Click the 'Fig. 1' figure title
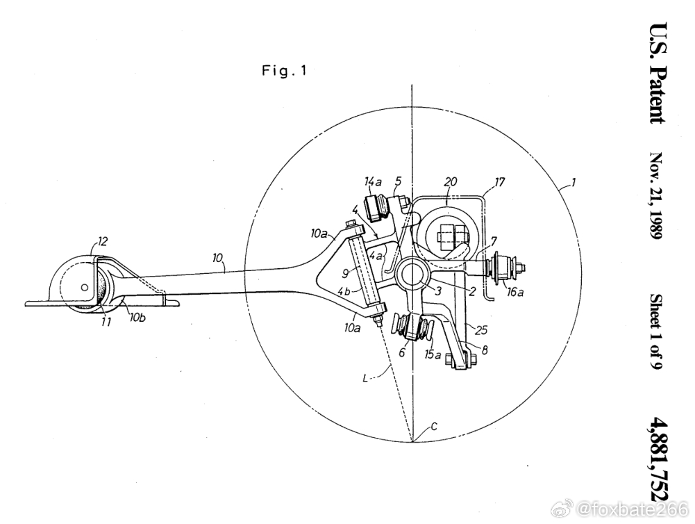click(x=284, y=71)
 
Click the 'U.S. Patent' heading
click(x=658, y=74)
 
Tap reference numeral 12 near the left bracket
click(x=102, y=241)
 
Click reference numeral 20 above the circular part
click(x=451, y=181)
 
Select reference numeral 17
click(x=499, y=182)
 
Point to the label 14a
click(x=373, y=181)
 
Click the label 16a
click(x=515, y=293)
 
